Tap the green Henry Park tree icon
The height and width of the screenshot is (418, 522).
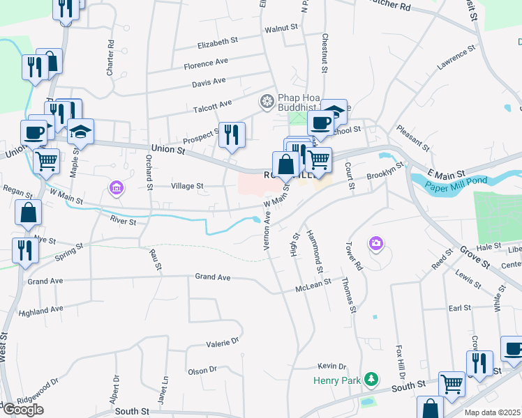(x=373, y=378)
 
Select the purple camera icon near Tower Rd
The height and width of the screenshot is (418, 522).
(x=377, y=242)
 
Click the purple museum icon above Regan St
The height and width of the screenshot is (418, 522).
(x=116, y=187)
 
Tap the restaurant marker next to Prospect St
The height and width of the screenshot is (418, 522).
(x=232, y=134)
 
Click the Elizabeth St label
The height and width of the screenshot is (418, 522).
(x=213, y=44)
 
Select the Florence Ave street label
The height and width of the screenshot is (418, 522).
(x=206, y=63)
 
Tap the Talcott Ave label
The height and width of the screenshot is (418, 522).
(x=212, y=104)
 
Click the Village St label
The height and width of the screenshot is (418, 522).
(x=186, y=186)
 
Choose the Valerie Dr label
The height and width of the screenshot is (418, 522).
(x=222, y=343)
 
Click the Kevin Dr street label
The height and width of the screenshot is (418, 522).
(x=331, y=366)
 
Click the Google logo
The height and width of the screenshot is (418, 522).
(x=22, y=410)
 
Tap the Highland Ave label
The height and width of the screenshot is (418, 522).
(x=41, y=311)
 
